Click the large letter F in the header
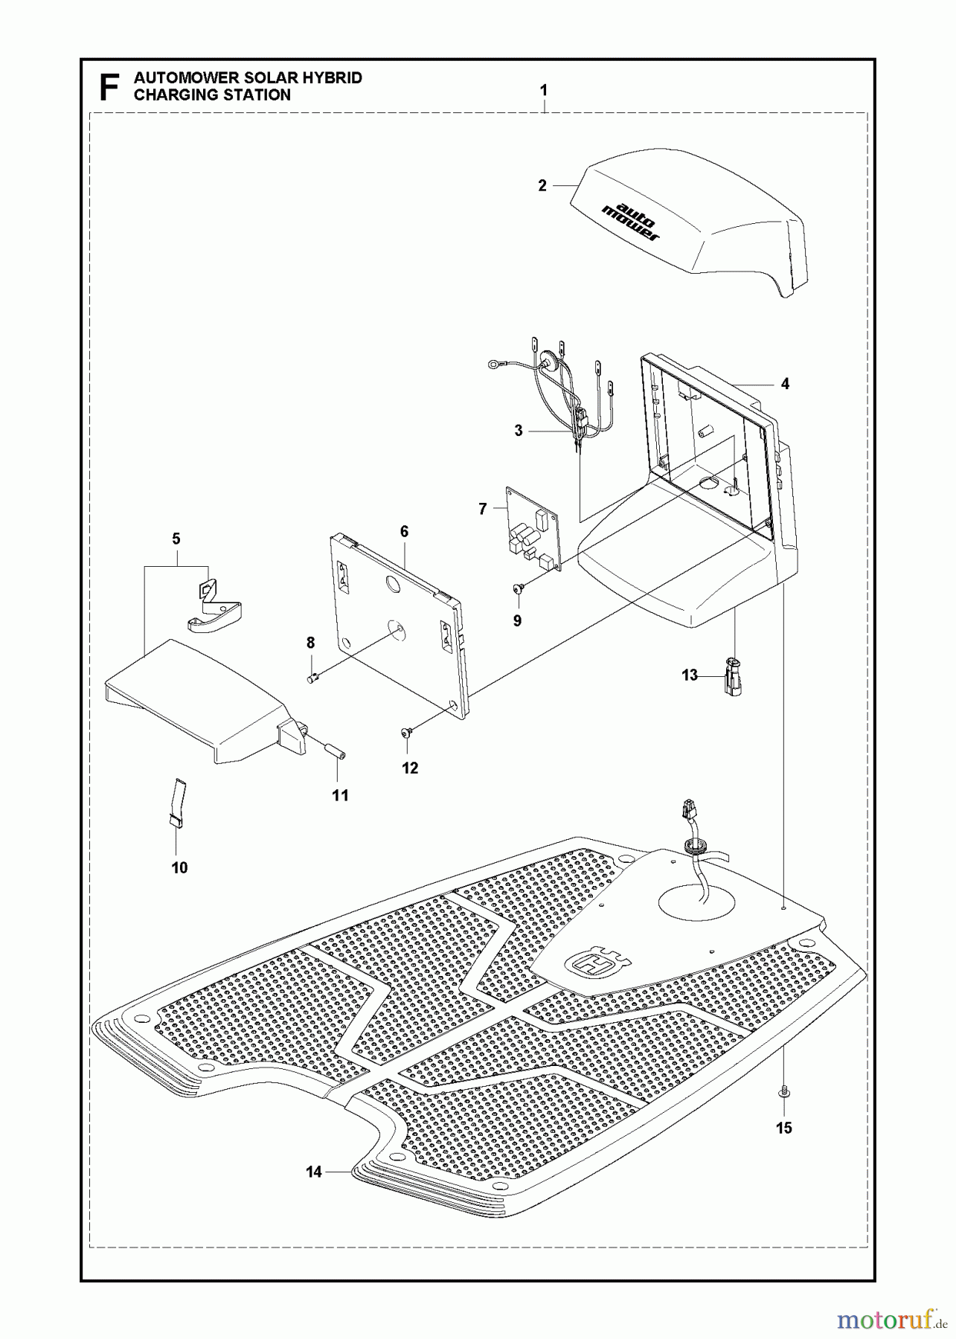[109, 87]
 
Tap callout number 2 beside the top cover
[542, 186]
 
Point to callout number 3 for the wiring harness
[519, 431]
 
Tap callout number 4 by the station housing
[785, 384]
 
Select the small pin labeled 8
[314, 676]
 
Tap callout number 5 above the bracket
[176, 539]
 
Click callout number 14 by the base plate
[314, 1172]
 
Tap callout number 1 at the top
[544, 90]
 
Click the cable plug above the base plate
[688, 809]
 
